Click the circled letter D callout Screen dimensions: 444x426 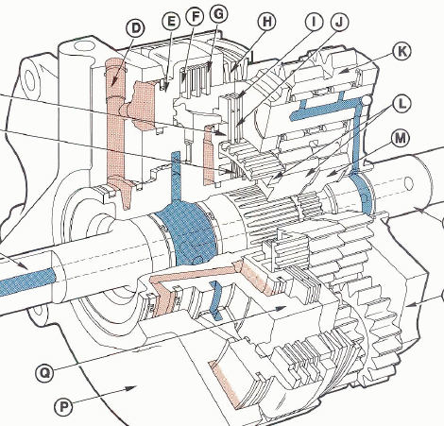[x=136, y=28]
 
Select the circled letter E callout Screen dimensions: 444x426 [x=171, y=22]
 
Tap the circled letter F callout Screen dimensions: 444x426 [x=195, y=17]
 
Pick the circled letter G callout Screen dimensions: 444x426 [x=218, y=14]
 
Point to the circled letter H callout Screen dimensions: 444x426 [x=266, y=22]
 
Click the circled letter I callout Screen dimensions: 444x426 [x=315, y=22]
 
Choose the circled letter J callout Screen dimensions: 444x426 [x=339, y=22]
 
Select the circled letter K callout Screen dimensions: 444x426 [x=402, y=51]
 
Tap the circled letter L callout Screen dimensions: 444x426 [x=401, y=104]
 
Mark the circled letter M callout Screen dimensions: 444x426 [x=401, y=138]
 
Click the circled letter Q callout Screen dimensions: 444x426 [x=44, y=373]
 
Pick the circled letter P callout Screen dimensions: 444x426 [x=64, y=407]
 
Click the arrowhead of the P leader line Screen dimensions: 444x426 [x=131, y=388]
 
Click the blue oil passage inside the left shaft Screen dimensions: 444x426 [x=27, y=282]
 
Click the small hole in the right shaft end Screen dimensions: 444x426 [x=408, y=183]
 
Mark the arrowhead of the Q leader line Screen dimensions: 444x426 [x=281, y=308]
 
